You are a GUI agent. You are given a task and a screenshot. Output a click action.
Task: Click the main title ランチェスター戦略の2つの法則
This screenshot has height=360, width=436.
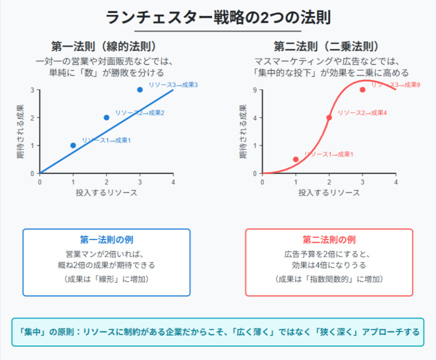[218, 17]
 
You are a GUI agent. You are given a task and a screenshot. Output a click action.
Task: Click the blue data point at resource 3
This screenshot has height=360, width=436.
[140, 89]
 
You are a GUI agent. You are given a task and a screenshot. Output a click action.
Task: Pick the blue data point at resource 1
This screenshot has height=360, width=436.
[73, 145]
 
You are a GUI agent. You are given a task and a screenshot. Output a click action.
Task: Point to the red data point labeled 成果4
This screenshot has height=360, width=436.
[329, 117]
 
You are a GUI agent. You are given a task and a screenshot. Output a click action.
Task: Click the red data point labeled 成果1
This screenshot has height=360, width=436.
[296, 159]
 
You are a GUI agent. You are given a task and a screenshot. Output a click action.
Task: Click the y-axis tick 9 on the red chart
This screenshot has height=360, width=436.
[255, 90]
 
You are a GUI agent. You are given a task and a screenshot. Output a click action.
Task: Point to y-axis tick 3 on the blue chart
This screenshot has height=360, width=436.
[32, 90]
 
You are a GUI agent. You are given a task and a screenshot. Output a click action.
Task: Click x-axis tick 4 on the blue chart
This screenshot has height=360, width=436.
[173, 182]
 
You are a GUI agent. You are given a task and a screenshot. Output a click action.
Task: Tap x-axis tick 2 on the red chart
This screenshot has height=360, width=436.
[329, 182]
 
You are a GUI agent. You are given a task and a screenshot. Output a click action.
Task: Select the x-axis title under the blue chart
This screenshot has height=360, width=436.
[106, 193]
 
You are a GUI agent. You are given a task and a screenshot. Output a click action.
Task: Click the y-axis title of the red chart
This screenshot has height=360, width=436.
[243, 132]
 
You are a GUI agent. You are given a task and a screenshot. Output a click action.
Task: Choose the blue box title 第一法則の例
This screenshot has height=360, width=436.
[106, 240]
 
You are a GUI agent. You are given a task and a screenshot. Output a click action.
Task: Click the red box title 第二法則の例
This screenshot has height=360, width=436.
[329, 240]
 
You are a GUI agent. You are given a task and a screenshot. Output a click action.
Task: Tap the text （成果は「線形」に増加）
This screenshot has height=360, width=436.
[106, 279]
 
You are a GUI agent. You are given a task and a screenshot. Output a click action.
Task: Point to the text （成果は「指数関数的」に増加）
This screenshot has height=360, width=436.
[329, 279]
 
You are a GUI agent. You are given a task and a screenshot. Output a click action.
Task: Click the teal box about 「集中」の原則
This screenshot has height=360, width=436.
[218, 332]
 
